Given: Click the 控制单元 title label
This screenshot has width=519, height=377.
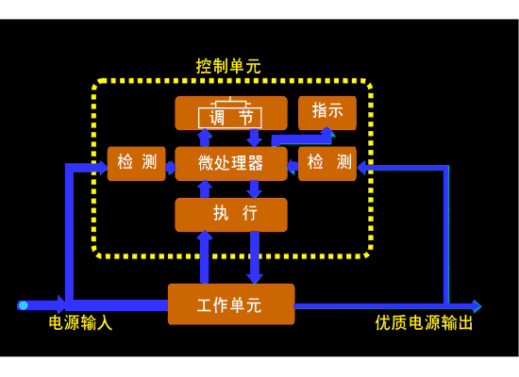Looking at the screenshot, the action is [x=228, y=66].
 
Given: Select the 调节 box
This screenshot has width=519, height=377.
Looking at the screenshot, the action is [x=231, y=113].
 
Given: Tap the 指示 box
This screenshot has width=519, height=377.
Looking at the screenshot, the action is [x=327, y=113].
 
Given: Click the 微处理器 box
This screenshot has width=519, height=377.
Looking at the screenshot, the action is [x=231, y=163].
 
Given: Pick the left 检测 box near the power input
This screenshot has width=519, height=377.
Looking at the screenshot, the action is [x=137, y=163].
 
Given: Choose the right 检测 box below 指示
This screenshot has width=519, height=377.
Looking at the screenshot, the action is [x=327, y=163].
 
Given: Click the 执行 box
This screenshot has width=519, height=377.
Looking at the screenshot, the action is [x=231, y=215].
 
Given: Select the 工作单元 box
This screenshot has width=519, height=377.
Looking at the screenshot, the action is [x=231, y=304].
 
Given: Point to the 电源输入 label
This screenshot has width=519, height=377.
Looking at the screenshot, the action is [x=80, y=322].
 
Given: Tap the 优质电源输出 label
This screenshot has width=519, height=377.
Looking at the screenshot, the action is [x=424, y=322].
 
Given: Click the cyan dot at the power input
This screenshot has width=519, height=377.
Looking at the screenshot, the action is [x=23, y=305].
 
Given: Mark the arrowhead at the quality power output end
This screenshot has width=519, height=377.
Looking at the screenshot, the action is [x=477, y=306].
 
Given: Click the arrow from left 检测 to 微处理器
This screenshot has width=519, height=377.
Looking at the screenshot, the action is [x=171, y=167].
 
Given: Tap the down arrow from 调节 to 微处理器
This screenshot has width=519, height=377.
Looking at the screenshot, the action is [x=255, y=138].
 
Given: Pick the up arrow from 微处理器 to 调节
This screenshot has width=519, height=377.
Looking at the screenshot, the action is [x=205, y=138].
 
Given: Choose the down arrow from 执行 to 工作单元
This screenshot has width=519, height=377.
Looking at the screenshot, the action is [x=255, y=257].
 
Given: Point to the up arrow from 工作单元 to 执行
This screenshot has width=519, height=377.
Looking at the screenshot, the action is [x=205, y=257].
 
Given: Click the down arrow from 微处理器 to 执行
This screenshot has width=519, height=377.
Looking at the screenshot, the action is [x=255, y=189].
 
